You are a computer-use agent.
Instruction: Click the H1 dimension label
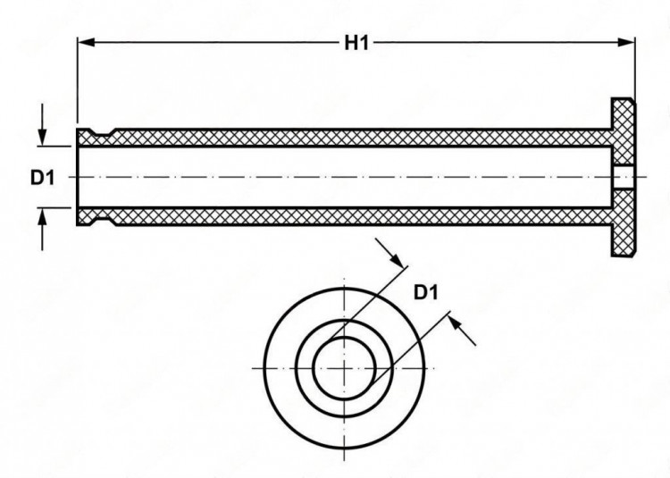click(356, 43)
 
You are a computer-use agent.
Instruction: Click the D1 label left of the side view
click(42, 177)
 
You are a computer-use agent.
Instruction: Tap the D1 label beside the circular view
click(426, 293)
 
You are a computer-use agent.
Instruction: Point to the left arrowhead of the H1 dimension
click(87, 42)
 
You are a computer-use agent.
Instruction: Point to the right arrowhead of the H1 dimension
click(626, 42)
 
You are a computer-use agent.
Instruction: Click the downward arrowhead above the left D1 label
click(42, 138)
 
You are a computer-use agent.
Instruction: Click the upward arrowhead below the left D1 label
click(42, 217)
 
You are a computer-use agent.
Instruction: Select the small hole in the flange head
click(623, 177)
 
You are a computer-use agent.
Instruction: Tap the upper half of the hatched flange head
click(623, 132)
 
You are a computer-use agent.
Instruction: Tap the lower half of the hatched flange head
click(623, 222)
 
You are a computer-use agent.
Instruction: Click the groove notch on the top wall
click(102, 132)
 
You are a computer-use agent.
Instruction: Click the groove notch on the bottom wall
click(102, 222)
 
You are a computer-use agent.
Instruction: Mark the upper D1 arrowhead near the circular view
click(395, 258)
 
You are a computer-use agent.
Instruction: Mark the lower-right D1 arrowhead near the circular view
click(457, 324)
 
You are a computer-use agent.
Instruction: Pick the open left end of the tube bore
click(78, 177)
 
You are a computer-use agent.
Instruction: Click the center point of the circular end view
click(345, 368)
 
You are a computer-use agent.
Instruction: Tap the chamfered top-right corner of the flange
click(631, 101)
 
